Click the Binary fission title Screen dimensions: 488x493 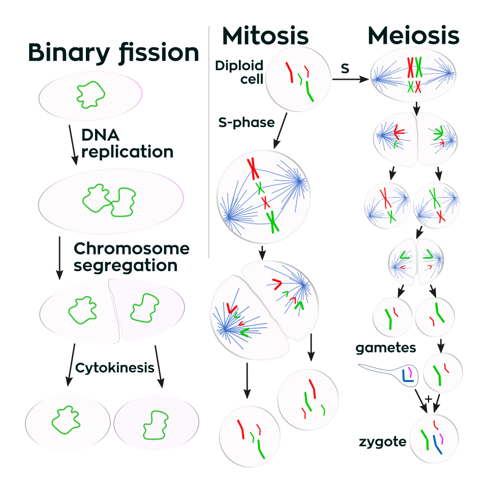(113, 53)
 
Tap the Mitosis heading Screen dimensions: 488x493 (265, 36)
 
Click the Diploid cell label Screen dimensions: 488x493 (239, 72)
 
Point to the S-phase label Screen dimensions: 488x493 (247, 122)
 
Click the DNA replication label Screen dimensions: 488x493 (127, 143)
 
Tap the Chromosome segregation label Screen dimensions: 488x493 (132, 257)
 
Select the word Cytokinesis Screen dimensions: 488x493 (115, 367)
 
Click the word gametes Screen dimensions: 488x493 (385, 347)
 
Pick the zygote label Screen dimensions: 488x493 (382, 442)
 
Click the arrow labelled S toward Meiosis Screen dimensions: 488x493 (350, 79)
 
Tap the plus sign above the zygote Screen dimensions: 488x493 (429, 399)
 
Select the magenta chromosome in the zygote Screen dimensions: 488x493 (442, 439)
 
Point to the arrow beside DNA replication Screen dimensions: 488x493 (73, 145)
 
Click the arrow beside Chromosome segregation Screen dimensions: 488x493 (59, 258)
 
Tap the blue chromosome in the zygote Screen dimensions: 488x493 (436, 445)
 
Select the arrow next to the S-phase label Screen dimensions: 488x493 (280, 131)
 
